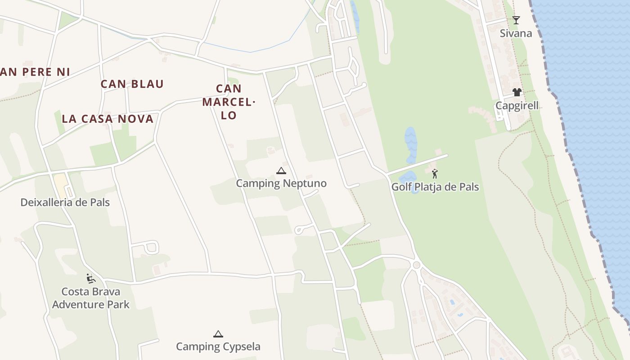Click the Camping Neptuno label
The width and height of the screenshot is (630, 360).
(281, 184)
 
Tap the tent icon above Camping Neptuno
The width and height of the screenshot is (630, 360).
(281, 171)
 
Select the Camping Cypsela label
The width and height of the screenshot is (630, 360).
(218, 346)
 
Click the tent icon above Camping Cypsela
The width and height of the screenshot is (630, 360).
(218, 334)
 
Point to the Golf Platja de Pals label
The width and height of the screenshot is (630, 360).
(435, 187)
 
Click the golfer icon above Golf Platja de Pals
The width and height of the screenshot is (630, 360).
(435, 173)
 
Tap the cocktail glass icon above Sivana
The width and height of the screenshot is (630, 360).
(516, 20)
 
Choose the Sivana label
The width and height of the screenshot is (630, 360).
(516, 33)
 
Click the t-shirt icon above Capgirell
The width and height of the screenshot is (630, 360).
(517, 92)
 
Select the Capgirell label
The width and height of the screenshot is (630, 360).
(517, 106)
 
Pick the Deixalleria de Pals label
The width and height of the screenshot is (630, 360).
(65, 202)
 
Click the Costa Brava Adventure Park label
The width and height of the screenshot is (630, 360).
(90, 298)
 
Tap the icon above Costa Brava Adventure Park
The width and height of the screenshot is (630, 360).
(91, 279)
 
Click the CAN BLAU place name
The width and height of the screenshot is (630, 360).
(132, 84)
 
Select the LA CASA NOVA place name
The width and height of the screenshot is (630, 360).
(108, 119)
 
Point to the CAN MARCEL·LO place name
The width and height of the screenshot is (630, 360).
(229, 102)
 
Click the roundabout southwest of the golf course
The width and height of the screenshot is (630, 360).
(416, 265)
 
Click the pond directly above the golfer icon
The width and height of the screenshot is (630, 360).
(410, 144)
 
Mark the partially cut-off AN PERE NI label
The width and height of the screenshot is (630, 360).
(35, 72)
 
